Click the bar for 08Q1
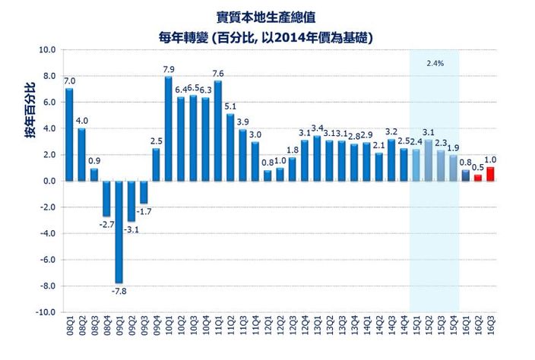tap(69, 134)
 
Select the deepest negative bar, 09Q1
tap(119, 232)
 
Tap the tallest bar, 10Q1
tap(168, 128)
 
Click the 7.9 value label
tap(169, 70)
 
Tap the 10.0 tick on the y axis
tap(47, 50)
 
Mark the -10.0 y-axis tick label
tap(46, 312)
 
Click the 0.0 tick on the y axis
tap(49, 181)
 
